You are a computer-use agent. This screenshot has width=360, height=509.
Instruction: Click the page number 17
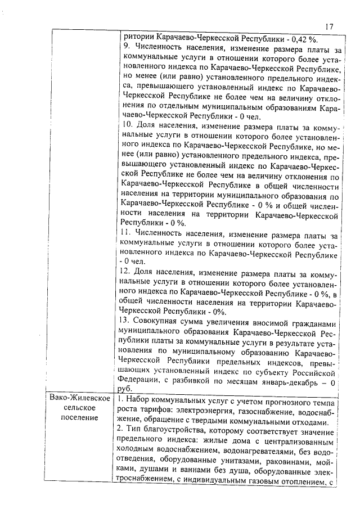pos(330,26)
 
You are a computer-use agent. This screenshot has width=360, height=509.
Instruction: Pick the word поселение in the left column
pos(79,418)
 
